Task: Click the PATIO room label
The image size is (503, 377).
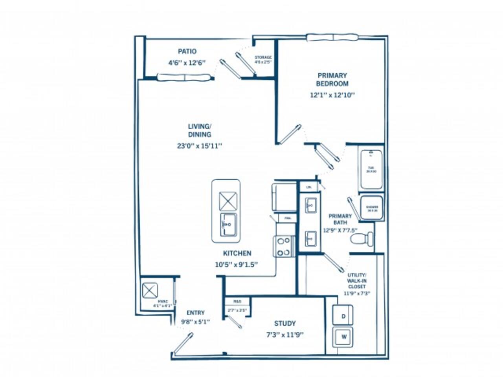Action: (187, 51)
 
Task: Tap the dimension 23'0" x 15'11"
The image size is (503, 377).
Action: (200, 146)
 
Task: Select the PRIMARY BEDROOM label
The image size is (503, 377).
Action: (332, 79)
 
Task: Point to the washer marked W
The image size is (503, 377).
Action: (343, 337)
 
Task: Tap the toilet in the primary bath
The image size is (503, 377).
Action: (362, 238)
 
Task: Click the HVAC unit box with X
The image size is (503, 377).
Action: (150, 291)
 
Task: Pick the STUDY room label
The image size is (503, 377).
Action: (285, 324)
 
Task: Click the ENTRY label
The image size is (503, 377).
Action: (196, 313)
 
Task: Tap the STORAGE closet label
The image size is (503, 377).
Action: (263, 57)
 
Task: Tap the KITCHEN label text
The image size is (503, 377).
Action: (237, 253)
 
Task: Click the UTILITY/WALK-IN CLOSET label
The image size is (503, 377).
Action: (357, 281)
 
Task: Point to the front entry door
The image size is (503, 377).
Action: (183, 343)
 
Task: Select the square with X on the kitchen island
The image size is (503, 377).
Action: (228, 201)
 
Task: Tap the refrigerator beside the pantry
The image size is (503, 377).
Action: (284, 197)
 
